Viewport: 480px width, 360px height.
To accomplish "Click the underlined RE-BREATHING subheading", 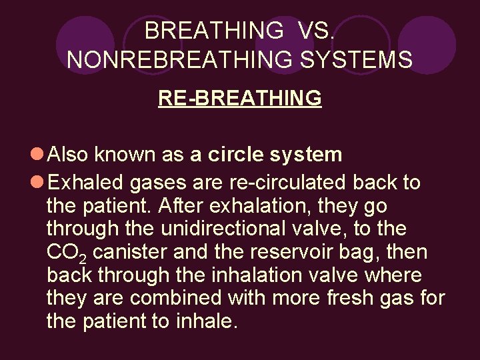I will pyautogui.click(x=240, y=98).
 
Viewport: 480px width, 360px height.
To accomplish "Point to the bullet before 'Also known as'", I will pyautogui.click(x=37, y=155).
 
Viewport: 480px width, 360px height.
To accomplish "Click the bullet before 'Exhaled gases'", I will pyautogui.click(x=37, y=183).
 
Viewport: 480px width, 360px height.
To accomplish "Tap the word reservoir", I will pyautogui.click(x=296, y=253).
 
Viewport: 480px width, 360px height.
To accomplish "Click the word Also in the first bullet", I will pyautogui.click(x=70, y=155).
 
